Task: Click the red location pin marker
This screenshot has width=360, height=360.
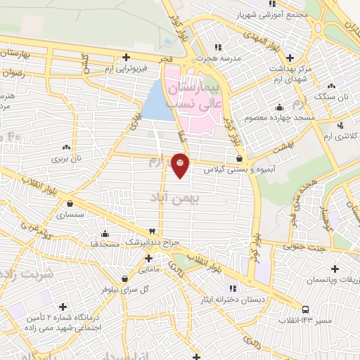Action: coord(181,165)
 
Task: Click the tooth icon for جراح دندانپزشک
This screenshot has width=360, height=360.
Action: coord(150,231)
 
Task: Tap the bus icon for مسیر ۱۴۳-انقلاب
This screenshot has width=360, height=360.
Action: coord(305,309)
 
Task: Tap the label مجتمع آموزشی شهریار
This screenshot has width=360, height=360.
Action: coord(245,14)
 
